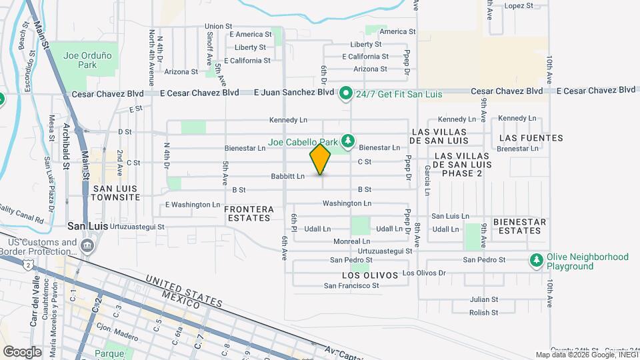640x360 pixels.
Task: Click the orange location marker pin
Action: [x=321, y=159]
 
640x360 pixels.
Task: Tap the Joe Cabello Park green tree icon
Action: [x=347, y=141]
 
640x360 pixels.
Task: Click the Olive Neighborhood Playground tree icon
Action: [x=536, y=261]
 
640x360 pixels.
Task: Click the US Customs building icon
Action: [x=87, y=247]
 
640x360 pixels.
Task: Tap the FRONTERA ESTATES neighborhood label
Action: [x=249, y=213]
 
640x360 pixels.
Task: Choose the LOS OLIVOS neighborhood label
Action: [x=370, y=275]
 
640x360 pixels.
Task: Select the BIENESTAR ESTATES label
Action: [x=520, y=226]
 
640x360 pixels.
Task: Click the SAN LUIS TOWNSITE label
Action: [x=117, y=193]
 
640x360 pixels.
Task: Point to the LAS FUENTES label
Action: [x=531, y=138]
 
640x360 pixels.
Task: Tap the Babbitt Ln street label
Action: [x=287, y=177]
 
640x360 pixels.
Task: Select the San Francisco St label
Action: [x=351, y=286]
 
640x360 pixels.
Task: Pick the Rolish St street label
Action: [x=483, y=313]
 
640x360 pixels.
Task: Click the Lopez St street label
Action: [x=519, y=5]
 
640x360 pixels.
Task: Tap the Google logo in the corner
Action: [x=22, y=351]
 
